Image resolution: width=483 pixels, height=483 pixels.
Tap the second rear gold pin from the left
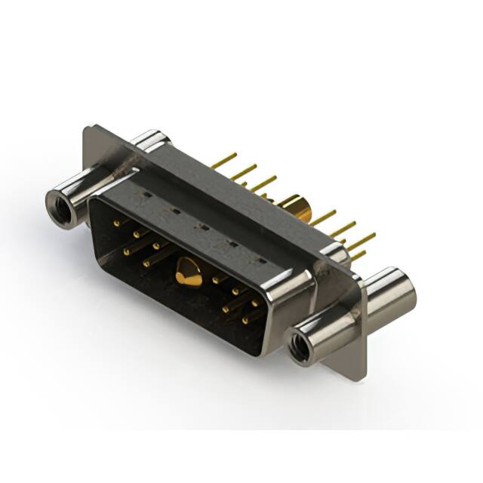point(244,171)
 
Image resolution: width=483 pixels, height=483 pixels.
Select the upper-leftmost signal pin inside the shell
point(116,223)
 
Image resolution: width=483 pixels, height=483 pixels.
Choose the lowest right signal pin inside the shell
point(246,321)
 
